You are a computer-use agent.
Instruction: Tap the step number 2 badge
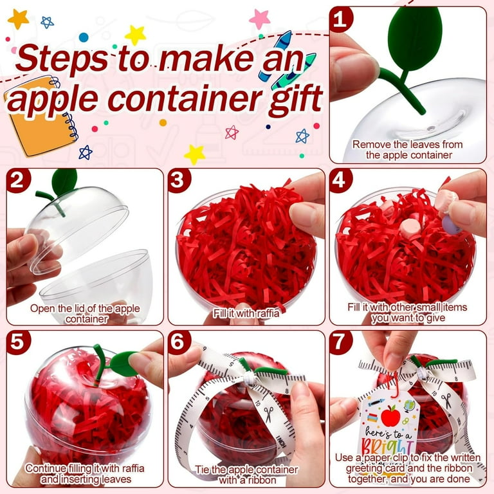click(19, 181)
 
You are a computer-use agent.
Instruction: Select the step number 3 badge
click(180, 181)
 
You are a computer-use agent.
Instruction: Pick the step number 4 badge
click(342, 181)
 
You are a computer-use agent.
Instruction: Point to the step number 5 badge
click(19, 343)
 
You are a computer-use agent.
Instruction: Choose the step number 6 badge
click(180, 343)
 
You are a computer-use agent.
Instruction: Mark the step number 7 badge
click(342, 343)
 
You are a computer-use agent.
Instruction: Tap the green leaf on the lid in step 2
click(64, 180)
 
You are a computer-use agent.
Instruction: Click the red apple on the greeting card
click(389, 416)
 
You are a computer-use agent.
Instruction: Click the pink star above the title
click(260, 19)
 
